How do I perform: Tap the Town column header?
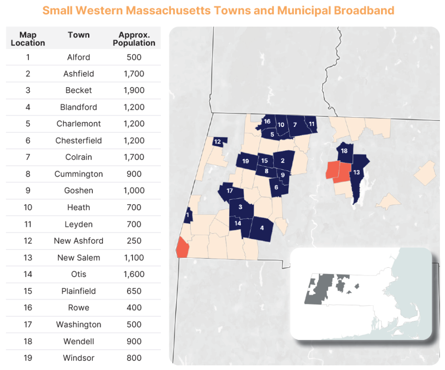[78, 35]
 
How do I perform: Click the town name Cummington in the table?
[78, 174]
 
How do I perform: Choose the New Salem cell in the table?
[78, 257]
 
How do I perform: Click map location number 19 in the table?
[28, 358]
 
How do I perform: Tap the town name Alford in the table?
[78, 57]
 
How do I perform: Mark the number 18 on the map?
[344, 151]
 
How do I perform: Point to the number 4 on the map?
[262, 228]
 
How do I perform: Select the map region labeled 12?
[219, 141]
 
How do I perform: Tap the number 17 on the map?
[229, 191]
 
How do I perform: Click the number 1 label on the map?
[188, 215]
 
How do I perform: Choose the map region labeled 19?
[246, 161]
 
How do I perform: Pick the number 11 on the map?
[311, 124]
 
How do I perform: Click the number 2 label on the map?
[282, 161]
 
